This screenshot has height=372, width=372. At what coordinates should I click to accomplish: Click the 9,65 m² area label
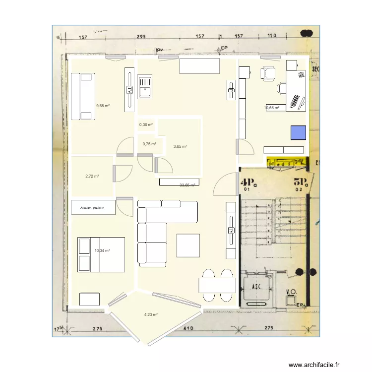(x=103, y=106)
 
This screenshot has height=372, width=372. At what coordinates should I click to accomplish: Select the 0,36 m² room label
(x=146, y=124)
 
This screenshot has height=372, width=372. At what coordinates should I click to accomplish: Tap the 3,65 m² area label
(x=180, y=146)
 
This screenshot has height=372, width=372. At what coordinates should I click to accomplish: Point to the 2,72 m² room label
(x=92, y=176)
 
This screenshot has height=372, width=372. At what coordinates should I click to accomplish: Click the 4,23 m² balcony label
(x=151, y=314)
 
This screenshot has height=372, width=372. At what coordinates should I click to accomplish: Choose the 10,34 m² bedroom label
(x=102, y=251)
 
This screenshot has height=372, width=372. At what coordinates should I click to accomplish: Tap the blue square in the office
(x=298, y=133)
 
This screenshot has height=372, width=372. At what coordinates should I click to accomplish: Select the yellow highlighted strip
(x=287, y=162)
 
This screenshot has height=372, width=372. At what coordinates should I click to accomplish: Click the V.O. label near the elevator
(x=291, y=292)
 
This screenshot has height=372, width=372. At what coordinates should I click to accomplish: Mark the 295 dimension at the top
(x=141, y=37)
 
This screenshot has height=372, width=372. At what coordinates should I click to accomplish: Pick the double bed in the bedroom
(x=101, y=254)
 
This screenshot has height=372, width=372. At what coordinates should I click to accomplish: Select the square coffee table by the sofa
(x=188, y=245)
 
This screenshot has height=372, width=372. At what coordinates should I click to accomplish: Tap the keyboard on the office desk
(x=296, y=101)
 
